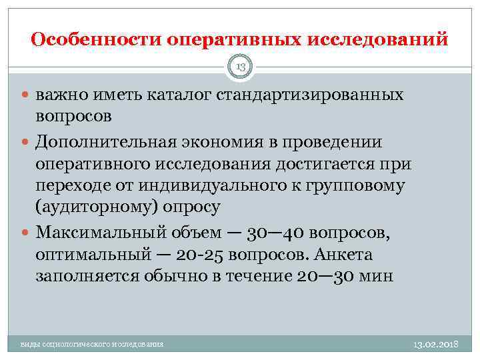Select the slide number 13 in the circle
tap(239, 66)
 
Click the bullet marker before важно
tap(27, 95)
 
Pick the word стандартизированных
tap(310, 95)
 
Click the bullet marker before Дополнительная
tap(27, 143)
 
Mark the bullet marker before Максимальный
tap(27, 233)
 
